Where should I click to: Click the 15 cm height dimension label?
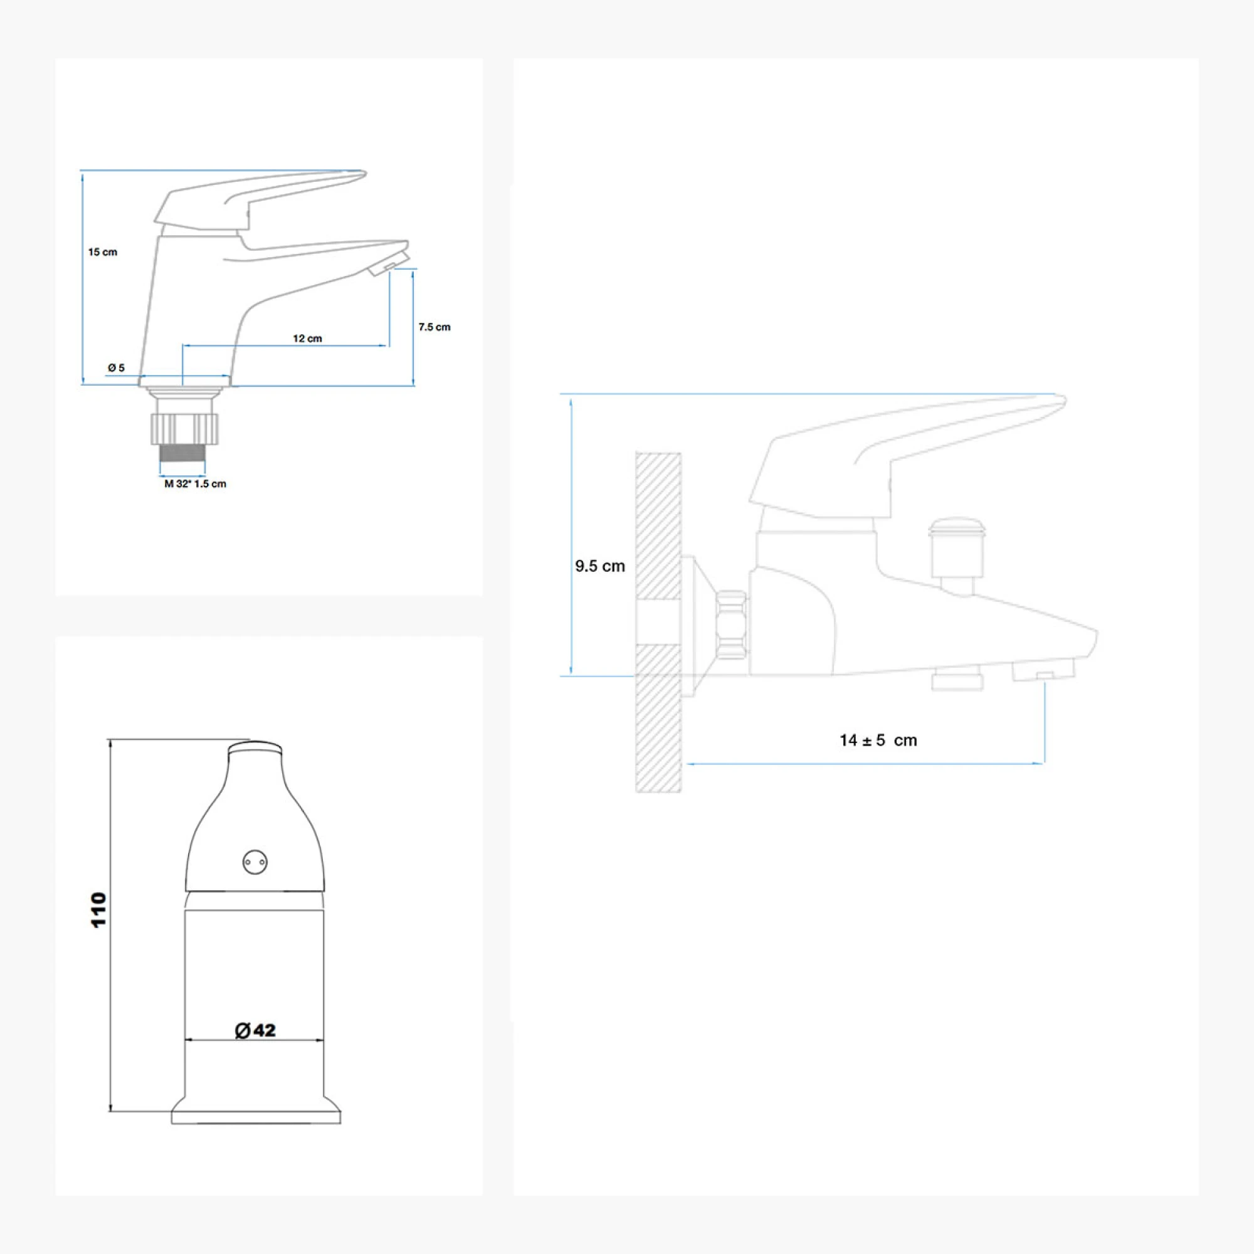tap(103, 252)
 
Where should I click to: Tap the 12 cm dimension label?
tap(307, 338)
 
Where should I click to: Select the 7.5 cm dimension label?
tap(435, 327)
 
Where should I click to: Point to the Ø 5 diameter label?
tap(116, 368)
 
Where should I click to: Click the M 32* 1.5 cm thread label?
tap(195, 483)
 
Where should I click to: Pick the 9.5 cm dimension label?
tap(600, 566)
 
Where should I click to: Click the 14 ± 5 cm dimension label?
tap(878, 740)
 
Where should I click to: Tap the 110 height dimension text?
tap(98, 910)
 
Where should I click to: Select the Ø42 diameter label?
tap(255, 1030)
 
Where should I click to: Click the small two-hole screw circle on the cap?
tap(255, 863)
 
